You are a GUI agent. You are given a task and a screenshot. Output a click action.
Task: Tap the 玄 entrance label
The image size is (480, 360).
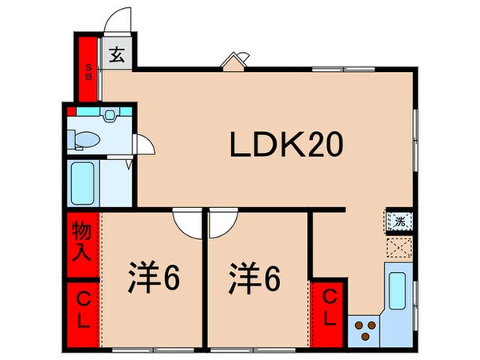[x=117, y=55]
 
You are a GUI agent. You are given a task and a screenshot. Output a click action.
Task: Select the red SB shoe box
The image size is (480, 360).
[x=87, y=67]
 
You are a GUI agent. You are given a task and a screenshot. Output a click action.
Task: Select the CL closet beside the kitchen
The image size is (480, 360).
[x=328, y=307]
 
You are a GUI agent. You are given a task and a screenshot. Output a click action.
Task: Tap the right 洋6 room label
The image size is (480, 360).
[x=255, y=281]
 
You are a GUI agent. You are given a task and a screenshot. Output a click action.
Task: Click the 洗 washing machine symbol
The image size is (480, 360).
[x=398, y=222]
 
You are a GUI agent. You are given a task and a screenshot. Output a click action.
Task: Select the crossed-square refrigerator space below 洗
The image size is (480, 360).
[x=398, y=247]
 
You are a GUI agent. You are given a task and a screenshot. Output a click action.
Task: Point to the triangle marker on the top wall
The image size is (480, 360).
[x=233, y=62]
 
